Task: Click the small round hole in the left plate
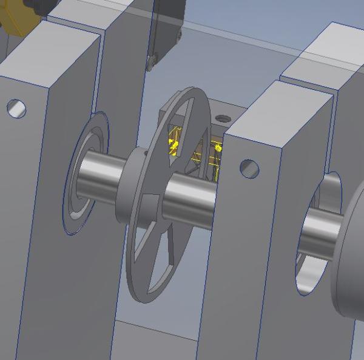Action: point(16,109)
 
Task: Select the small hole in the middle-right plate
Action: point(249,168)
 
